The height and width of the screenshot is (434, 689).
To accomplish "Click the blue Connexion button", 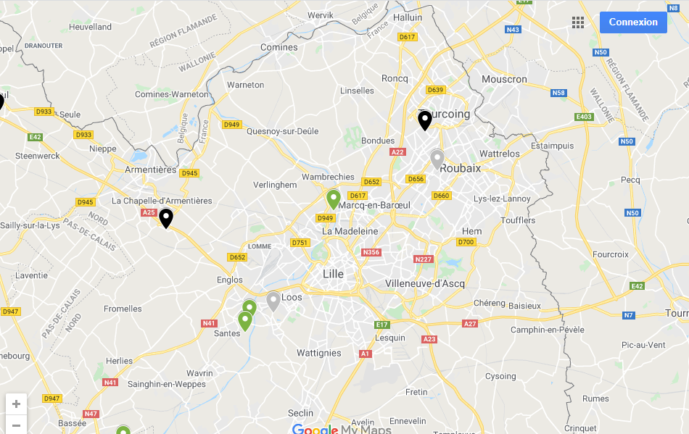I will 633,22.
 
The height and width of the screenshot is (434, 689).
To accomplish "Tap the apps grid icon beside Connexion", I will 578,22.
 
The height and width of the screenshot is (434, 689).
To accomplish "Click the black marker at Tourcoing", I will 425,120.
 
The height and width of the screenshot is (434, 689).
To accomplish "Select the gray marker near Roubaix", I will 437,159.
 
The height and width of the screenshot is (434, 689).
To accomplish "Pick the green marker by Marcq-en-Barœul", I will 334,199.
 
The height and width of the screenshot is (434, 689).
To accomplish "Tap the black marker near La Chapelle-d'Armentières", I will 166,217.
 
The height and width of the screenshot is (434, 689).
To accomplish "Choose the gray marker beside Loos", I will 273,301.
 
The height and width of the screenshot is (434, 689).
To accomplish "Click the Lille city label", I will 333,274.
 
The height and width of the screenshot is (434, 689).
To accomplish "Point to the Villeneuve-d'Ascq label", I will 425,283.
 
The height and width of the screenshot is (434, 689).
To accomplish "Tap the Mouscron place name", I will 504,79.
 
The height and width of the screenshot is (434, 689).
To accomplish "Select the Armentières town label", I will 151,170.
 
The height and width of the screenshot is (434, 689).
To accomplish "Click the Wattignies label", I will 319,353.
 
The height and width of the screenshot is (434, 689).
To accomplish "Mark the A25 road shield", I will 149,212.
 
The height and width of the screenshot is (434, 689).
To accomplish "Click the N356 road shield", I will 371,252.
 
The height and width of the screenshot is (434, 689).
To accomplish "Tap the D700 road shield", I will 466,242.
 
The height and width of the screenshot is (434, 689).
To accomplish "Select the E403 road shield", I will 584,117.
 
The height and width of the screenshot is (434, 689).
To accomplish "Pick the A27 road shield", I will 470,324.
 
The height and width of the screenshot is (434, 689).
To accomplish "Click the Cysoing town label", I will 500,376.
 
